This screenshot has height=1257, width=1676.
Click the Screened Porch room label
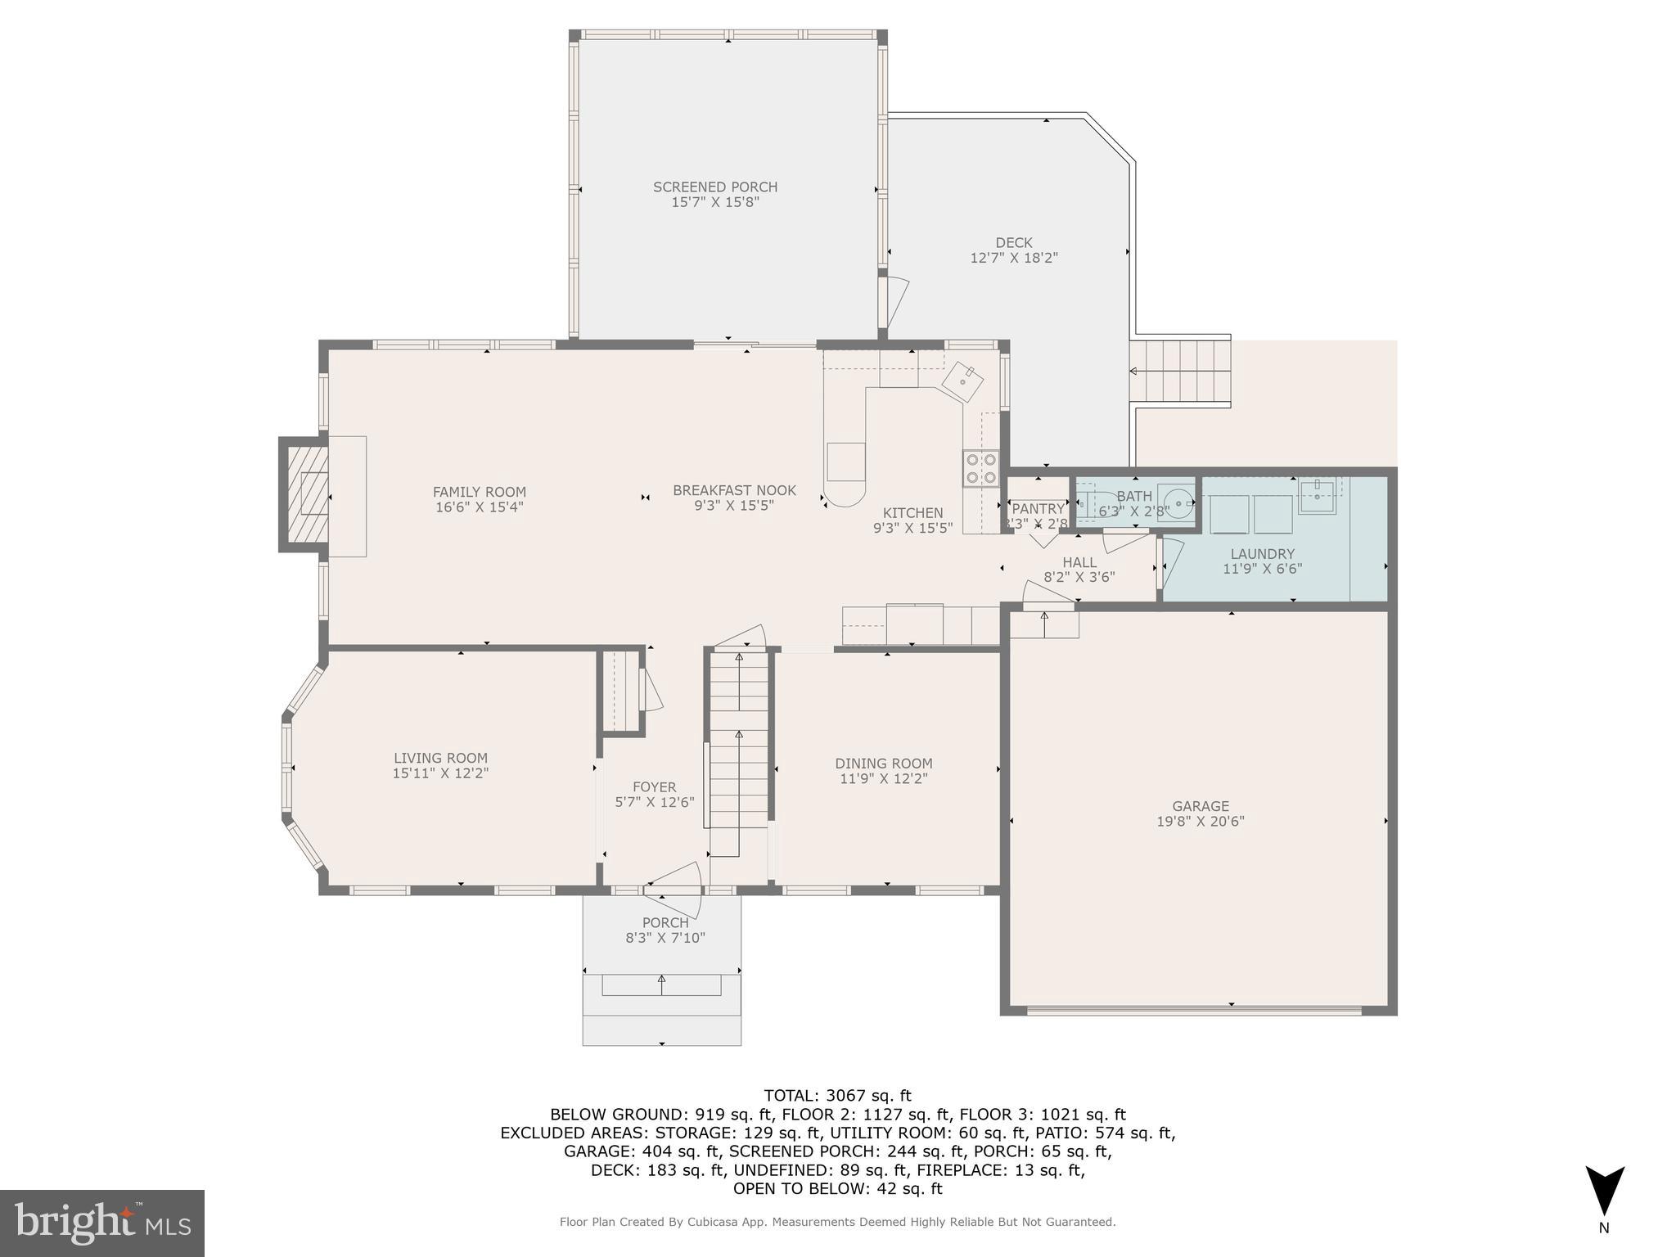click(x=714, y=187)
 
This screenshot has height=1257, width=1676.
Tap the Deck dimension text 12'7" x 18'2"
click(x=1014, y=258)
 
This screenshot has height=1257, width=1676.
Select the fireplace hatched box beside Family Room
click(x=304, y=494)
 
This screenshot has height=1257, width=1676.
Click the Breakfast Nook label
click(x=734, y=490)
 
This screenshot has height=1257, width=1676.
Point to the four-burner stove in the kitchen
click(x=980, y=468)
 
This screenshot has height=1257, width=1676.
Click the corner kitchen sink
click(x=963, y=381)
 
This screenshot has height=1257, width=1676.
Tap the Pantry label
click(x=1038, y=509)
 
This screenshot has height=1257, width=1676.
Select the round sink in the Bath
click(x=1176, y=501)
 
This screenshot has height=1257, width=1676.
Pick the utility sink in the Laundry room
click(x=1317, y=496)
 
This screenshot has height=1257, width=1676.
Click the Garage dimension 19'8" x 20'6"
click(x=1200, y=821)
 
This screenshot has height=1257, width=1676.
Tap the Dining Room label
click(x=883, y=764)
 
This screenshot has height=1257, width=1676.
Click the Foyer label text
click(x=654, y=787)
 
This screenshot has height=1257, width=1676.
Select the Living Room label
click(x=440, y=758)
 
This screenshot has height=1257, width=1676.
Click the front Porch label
click(x=665, y=922)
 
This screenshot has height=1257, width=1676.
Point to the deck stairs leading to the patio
click(x=1180, y=371)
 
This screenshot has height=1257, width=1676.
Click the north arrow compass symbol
click(x=1604, y=1192)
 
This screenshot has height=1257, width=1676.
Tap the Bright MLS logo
click(x=101, y=1223)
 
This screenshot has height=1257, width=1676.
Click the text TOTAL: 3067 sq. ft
click(x=837, y=1095)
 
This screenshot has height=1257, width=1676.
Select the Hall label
click(x=1079, y=562)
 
